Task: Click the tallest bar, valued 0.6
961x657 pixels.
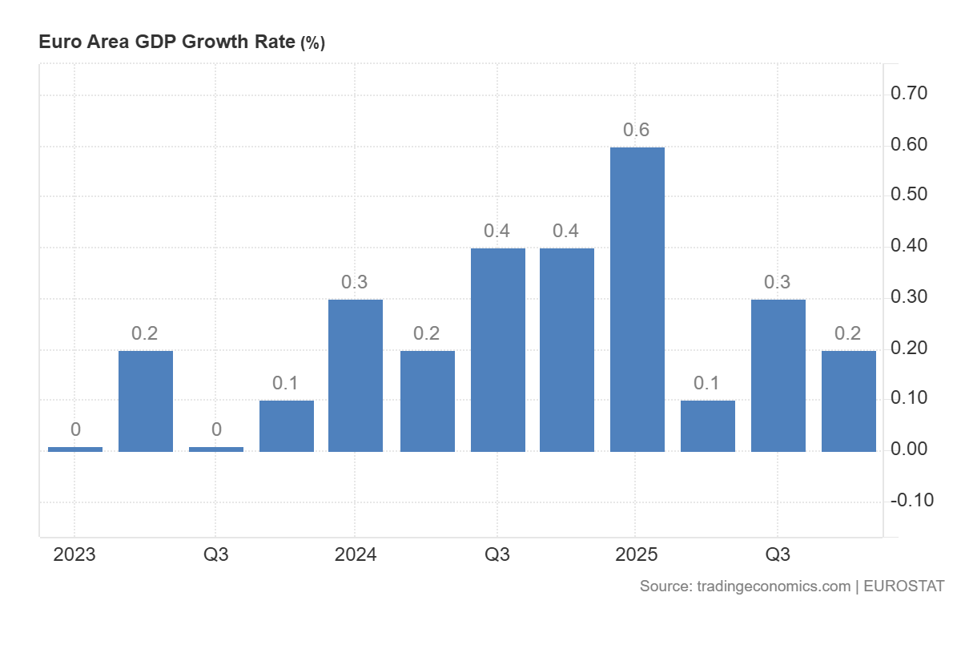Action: pos(637,299)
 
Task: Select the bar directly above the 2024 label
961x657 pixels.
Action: pos(356,375)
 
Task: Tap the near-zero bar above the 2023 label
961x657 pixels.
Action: pos(75,449)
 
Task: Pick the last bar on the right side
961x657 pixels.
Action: pos(849,401)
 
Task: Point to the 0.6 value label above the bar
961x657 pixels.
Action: pos(637,130)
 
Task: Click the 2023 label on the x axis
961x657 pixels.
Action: pos(74,554)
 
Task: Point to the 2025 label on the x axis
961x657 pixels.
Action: pos(637,554)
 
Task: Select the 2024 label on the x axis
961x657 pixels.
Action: pos(356,554)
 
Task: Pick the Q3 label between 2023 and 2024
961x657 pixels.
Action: pos(215,554)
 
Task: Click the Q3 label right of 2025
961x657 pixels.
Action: pos(778,554)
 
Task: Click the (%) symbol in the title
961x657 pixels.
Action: pos(312,43)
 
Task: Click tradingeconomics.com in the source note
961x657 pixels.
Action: pos(774,586)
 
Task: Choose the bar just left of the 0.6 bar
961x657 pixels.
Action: pos(567,349)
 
